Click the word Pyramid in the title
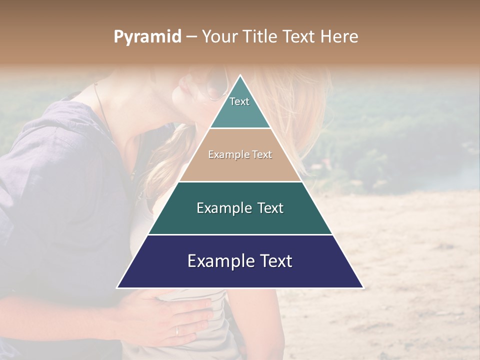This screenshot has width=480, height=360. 147,37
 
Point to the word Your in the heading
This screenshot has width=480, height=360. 218,37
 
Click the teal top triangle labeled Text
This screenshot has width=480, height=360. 240,107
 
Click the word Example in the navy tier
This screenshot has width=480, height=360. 218,261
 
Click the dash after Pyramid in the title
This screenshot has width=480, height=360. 191,37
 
